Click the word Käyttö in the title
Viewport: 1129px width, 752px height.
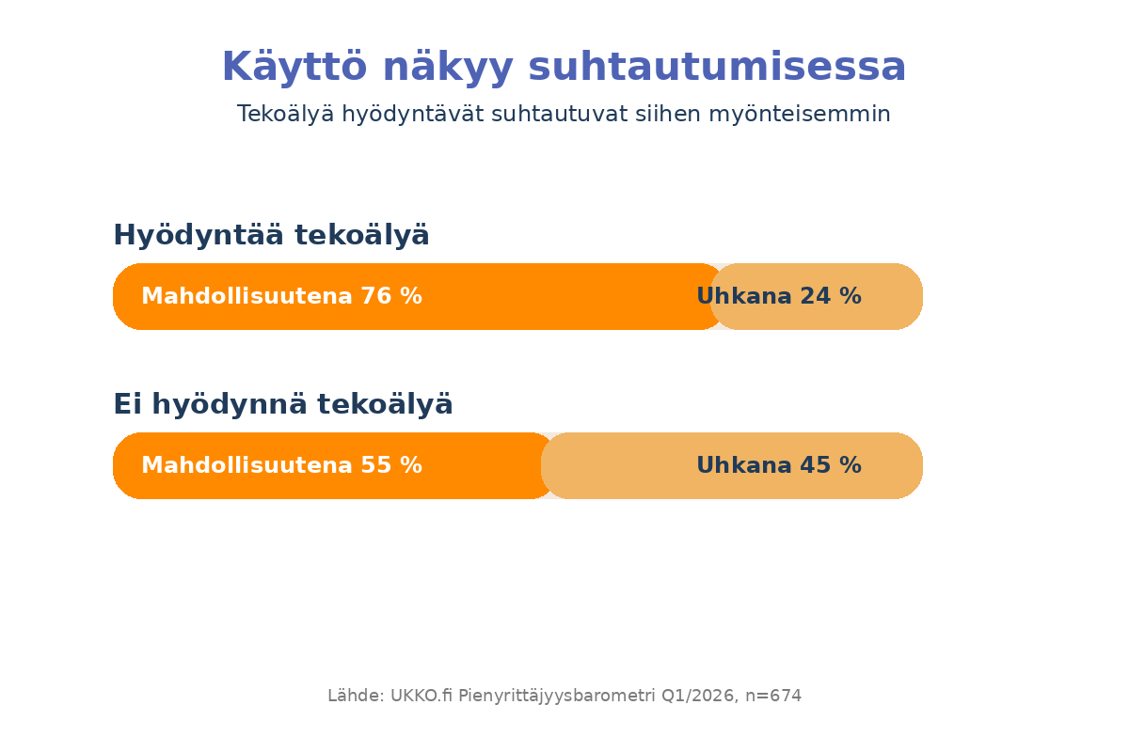(x=294, y=66)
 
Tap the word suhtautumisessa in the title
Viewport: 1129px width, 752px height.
(x=717, y=67)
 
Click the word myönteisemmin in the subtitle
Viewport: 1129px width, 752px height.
(x=800, y=114)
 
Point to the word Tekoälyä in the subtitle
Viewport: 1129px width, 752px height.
(x=285, y=114)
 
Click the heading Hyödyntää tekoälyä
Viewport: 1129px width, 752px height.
(x=271, y=235)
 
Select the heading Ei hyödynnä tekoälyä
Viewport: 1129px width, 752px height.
(x=283, y=404)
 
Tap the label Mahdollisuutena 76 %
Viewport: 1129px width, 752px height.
(x=281, y=296)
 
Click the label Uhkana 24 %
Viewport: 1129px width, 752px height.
(x=779, y=296)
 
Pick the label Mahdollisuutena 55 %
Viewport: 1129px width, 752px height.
(x=281, y=465)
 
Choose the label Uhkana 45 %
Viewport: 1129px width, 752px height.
(x=779, y=465)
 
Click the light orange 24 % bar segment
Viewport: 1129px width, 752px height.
(x=817, y=296)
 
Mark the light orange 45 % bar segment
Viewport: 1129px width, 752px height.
(x=732, y=465)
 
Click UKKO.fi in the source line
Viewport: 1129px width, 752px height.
(x=421, y=695)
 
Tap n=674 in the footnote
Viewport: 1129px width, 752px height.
(x=773, y=696)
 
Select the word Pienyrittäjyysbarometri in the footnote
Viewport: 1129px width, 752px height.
(x=556, y=697)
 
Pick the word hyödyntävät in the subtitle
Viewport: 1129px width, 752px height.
(x=413, y=114)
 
